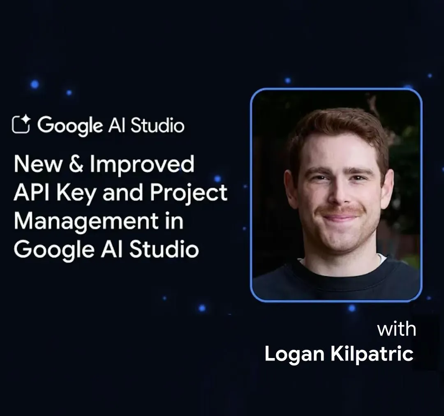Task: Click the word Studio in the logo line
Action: (x=157, y=125)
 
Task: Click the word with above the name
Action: (x=396, y=329)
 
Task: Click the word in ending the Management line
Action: (x=176, y=222)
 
